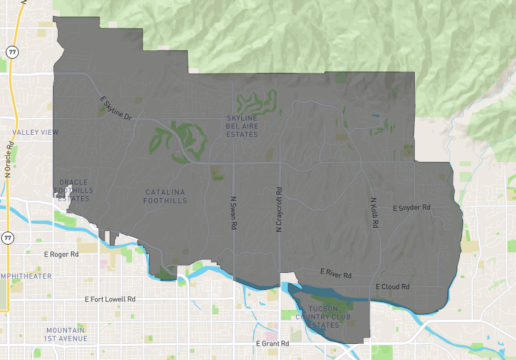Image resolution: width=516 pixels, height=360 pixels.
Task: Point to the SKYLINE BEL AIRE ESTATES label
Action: (242, 126)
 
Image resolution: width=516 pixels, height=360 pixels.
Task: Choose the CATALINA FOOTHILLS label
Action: (166, 196)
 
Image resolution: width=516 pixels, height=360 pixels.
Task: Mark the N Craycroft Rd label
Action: (279, 210)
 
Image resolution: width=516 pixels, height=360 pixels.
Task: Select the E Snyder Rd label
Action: (411, 208)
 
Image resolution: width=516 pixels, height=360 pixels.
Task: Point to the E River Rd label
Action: (337, 275)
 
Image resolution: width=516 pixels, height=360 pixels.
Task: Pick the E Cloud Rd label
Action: (392, 286)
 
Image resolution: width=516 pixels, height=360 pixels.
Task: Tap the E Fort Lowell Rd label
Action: (110, 299)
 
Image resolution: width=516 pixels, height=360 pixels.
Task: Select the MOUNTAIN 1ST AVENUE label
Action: (66, 334)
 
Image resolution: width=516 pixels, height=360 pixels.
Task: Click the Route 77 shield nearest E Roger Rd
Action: (8, 238)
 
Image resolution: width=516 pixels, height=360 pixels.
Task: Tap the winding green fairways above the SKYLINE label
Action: (258, 101)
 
